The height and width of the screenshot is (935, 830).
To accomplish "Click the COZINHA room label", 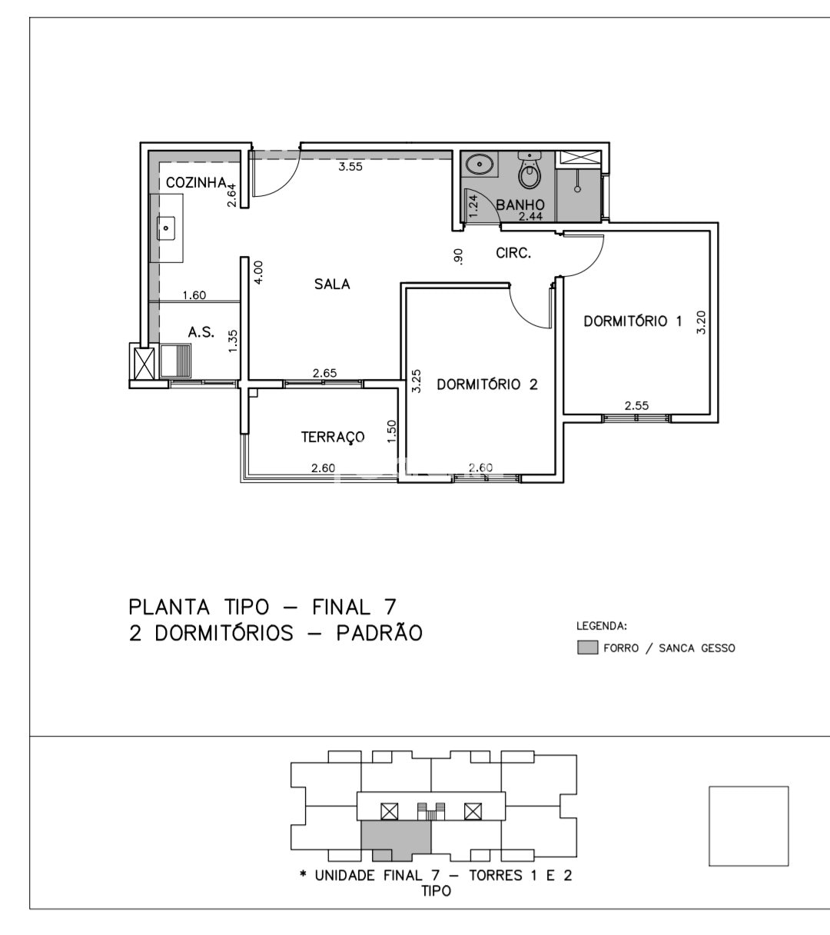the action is pyautogui.click(x=196, y=183).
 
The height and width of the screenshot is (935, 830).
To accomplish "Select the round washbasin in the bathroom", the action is pyautogui.click(x=480, y=164).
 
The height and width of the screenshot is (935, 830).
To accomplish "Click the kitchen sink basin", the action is pyautogui.click(x=166, y=228).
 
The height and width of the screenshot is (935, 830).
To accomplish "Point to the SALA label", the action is pyautogui.click(x=332, y=284).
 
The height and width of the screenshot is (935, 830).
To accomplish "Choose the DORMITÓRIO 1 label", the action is pyautogui.click(x=632, y=321).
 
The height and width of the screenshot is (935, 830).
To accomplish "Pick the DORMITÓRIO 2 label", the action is pyautogui.click(x=487, y=384).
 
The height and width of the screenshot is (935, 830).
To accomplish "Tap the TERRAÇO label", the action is pyautogui.click(x=333, y=437).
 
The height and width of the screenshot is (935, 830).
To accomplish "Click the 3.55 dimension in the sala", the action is pyautogui.click(x=350, y=167).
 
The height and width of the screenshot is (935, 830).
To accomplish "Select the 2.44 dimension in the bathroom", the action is pyautogui.click(x=530, y=216).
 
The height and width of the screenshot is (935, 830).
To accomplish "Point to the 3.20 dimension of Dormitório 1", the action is pyautogui.click(x=701, y=323).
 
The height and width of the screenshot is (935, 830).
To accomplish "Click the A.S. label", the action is pyautogui.click(x=201, y=332).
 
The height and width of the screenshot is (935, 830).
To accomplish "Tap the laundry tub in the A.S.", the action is pyautogui.click(x=175, y=361).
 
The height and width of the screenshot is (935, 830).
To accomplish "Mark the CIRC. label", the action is pyautogui.click(x=513, y=253).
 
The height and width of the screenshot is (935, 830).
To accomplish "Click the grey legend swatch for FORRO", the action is pyautogui.click(x=587, y=647).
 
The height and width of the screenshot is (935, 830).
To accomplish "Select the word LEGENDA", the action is pyautogui.click(x=602, y=626).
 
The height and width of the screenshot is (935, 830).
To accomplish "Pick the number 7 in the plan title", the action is pyautogui.click(x=390, y=607).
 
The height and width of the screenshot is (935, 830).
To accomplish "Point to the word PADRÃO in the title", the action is pyautogui.click(x=379, y=633).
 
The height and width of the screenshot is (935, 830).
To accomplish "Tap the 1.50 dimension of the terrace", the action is pyautogui.click(x=392, y=431).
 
